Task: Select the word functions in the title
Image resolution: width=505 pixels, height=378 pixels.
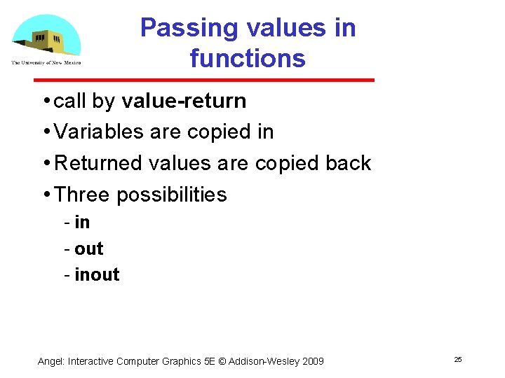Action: (248, 58)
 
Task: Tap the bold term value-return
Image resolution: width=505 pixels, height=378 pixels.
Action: (184, 101)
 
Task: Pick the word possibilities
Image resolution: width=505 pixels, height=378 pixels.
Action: (172, 195)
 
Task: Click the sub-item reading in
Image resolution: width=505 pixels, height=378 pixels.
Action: (82, 223)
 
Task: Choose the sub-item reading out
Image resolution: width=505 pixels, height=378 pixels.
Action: (88, 248)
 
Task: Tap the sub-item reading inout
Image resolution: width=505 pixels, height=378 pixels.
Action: (97, 275)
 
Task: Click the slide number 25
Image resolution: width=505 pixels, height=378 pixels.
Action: (458, 359)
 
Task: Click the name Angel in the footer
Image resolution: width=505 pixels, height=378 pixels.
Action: (50, 361)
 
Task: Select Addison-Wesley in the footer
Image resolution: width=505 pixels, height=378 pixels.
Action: (264, 361)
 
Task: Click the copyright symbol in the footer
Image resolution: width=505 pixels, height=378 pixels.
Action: (224, 361)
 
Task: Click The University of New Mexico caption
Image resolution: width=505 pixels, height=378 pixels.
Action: (46, 63)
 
